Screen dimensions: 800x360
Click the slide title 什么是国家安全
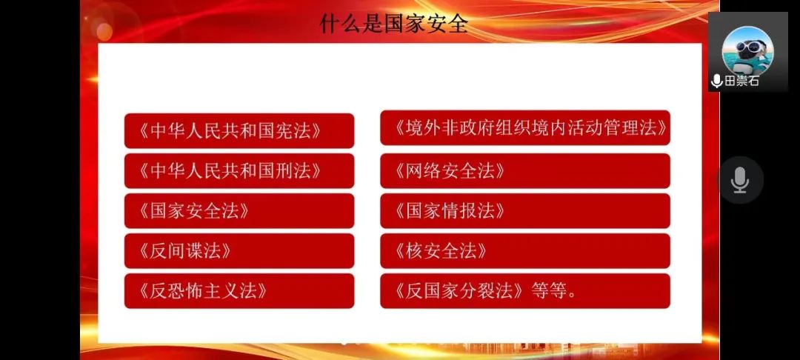pos(393,24)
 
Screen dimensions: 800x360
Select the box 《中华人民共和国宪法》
pos(239,131)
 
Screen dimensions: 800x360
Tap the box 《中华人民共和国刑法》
pos(239,171)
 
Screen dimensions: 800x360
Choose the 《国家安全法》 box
pos(239,211)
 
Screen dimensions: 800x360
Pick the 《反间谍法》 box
pos(239,251)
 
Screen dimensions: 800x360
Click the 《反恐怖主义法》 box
pos(239,291)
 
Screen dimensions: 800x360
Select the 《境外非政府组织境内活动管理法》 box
pos(525,128)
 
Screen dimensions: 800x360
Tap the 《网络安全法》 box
pos(525,171)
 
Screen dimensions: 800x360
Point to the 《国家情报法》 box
pos(525,211)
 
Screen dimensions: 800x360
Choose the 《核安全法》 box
pos(525,251)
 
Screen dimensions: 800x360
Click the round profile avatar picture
pos(748,50)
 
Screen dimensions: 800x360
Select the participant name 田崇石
pos(741,81)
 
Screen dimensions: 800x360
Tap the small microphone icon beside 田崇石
pos(717,81)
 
